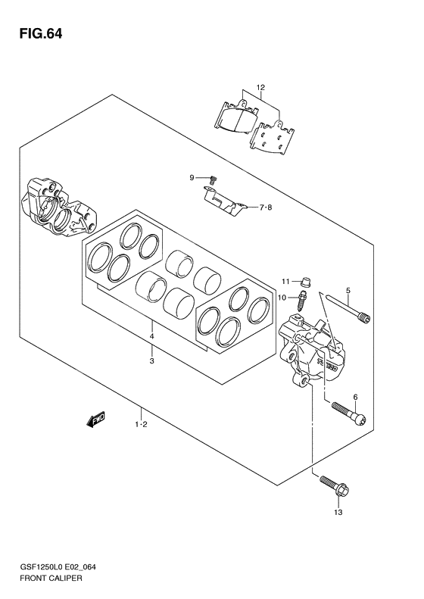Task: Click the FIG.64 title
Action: tap(40, 34)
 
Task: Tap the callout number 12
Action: tap(260, 88)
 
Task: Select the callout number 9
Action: tap(192, 177)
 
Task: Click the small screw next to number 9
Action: tap(214, 180)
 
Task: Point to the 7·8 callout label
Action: tap(266, 207)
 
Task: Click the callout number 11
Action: tap(286, 282)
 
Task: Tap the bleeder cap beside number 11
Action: tap(304, 282)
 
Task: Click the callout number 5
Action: tap(348, 290)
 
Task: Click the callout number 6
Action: tap(355, 398)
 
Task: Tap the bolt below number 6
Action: tap(349, 414)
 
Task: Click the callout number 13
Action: tap(338, 512)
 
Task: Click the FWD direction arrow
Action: tap(95, 420)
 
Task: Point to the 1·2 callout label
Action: tap(141, 424)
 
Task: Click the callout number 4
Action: tap(151, 336)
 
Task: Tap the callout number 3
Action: tap(151, 361)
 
